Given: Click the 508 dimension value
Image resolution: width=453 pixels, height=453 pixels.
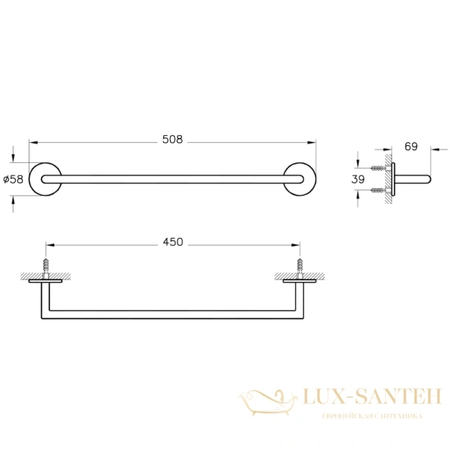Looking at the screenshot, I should pyautogui.click(x=173, y=140).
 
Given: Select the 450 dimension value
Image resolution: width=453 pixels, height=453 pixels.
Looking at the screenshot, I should pyautogui.click(x=173, y=242).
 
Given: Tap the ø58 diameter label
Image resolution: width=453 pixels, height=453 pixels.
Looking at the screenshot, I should pyautogui.click(x=14, y=179).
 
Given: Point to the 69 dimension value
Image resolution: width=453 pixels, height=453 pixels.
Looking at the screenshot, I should pyautogui.click(x=411, y=146).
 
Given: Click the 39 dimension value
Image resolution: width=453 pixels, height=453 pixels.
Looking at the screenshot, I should pyautogui.click(x=359, y=179).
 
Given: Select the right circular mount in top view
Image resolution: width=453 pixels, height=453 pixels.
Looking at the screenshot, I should pyautogui.click(x=300, y=179).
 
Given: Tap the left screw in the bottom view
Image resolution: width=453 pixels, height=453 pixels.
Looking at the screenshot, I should pyautogui.click(x=46, y=268).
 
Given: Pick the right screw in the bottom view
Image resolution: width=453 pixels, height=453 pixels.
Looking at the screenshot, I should pyautogui.click(x=300, y=268).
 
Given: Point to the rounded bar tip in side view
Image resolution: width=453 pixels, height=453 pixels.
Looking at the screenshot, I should pyautogui.click(x=428, y=179).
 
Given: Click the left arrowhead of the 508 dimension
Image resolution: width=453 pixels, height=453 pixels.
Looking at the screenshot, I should pyautogui.click(x=32, y=141).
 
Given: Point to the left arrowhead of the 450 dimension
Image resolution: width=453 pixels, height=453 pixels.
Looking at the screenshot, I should pyautogui.click(x=50, y=244).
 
